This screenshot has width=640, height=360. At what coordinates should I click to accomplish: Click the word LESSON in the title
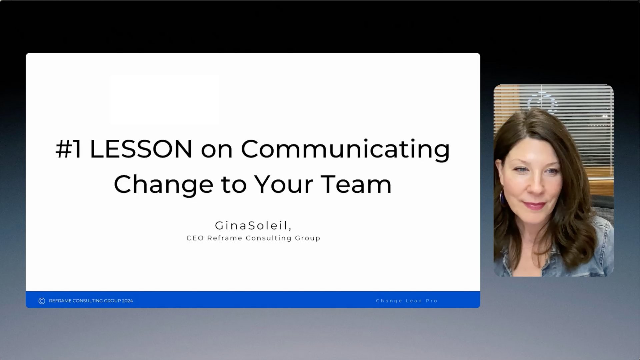(141, 149)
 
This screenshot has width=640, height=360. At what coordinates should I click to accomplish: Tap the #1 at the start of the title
(69, 149)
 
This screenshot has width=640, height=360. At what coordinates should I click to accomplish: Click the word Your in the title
(284, 184)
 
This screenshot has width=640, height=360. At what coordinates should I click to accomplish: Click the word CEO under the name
(195, 238)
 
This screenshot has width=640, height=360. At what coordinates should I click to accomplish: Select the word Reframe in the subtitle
(225, 238)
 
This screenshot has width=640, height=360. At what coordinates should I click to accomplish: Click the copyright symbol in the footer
(42, 301)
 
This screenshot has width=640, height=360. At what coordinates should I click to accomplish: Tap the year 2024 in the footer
(127, 301)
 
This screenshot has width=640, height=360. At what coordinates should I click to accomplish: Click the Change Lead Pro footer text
(407, 301)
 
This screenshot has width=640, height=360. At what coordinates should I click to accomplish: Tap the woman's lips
(534, 205)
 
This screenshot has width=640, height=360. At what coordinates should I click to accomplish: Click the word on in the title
(217, 151)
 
